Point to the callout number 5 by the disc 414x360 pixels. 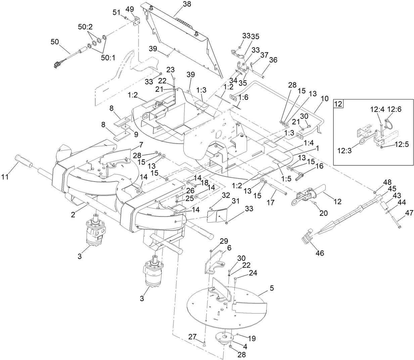(272, 288)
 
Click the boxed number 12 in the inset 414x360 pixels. (338, 104)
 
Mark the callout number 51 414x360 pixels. (116, 13)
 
